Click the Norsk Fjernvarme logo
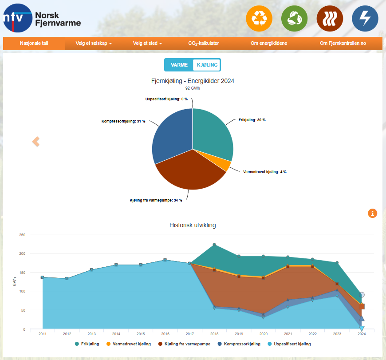point(42,18)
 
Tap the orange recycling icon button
point(259,19)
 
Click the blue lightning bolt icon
point(365,19)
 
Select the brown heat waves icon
point(330,19)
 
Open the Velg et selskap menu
point(94,44)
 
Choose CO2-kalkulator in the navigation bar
point(204,44)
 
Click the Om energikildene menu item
point(268,44)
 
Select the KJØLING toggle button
point(207,65)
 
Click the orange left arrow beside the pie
point(36,142)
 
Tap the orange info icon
point(372,214)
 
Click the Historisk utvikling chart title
point(193,225)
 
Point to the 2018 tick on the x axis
point(214,334)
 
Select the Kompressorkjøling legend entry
point(240,344)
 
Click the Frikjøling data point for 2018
point(214,245)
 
